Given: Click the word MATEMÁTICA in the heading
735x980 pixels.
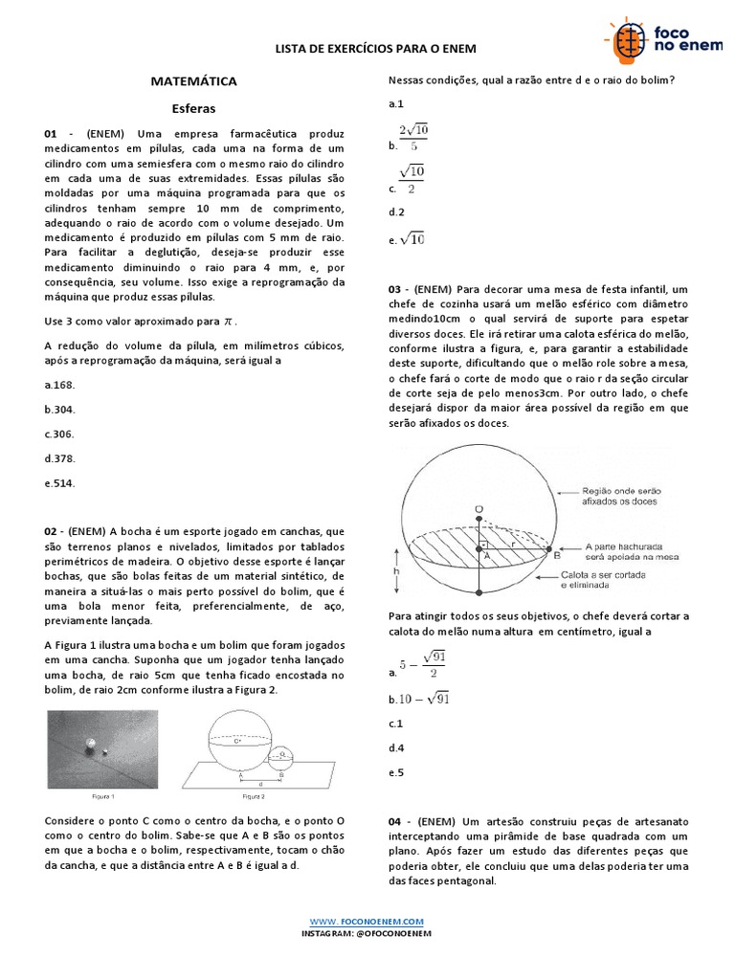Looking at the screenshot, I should [x=193, y=82].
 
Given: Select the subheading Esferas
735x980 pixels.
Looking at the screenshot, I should [x=193, y=108].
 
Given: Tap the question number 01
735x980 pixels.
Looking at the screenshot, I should [x=52, y=134].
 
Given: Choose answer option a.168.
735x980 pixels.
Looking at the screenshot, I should [x=59, y=384].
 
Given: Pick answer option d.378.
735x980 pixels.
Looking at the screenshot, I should [x=59, y=458].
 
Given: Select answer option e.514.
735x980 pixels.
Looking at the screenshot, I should [x=59, y=483].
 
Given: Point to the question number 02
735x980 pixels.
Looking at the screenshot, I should [x=52, y=531].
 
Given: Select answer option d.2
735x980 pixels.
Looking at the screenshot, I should [x=396, y=212].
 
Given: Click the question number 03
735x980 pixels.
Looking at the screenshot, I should [x=395, y=289].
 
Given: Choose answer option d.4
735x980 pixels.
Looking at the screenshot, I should [x=396, y=748].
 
